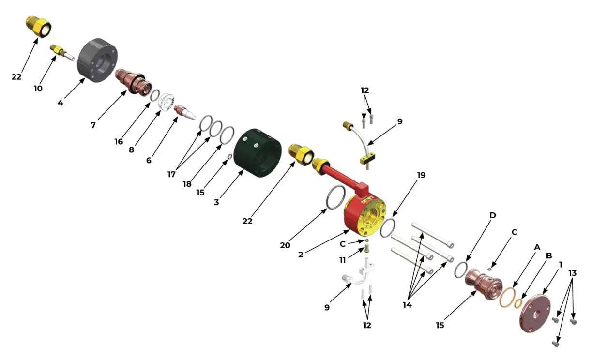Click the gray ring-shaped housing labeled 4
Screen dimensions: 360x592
coord(97,60)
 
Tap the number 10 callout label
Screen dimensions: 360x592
coord(38,89)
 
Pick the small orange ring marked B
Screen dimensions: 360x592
coord(518,303)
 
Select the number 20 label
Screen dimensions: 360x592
coord(285,245)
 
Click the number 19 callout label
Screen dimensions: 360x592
coord(421,175)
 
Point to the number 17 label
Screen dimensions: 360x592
coord(172,175)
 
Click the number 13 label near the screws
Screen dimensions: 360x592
coord(572,273)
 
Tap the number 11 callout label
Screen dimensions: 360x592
coord(343,260)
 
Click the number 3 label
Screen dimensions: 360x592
coord(216,202)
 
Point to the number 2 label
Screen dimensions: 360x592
coord(301,255)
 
